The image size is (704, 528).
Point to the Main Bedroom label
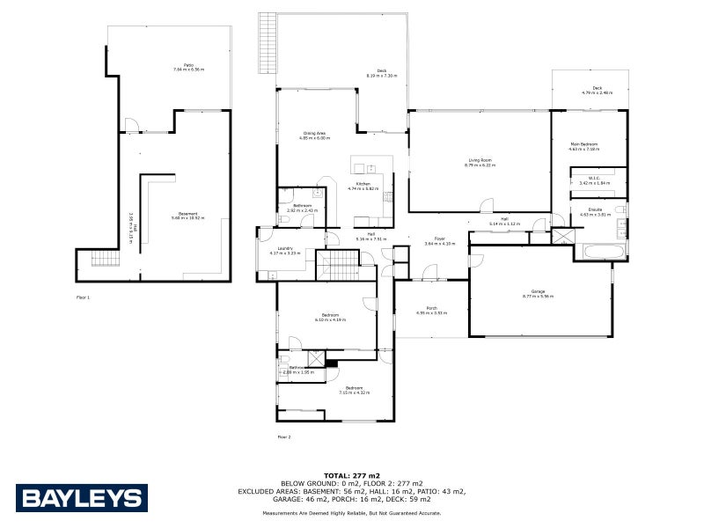tap(583, 146)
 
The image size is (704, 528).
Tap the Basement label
tap(187, 214)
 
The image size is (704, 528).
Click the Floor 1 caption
tap(83, 298)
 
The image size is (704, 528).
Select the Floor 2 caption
tap(283, 436)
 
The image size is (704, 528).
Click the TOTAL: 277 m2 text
tap(352, 475)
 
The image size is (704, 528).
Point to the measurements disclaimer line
tap(352, 512)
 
